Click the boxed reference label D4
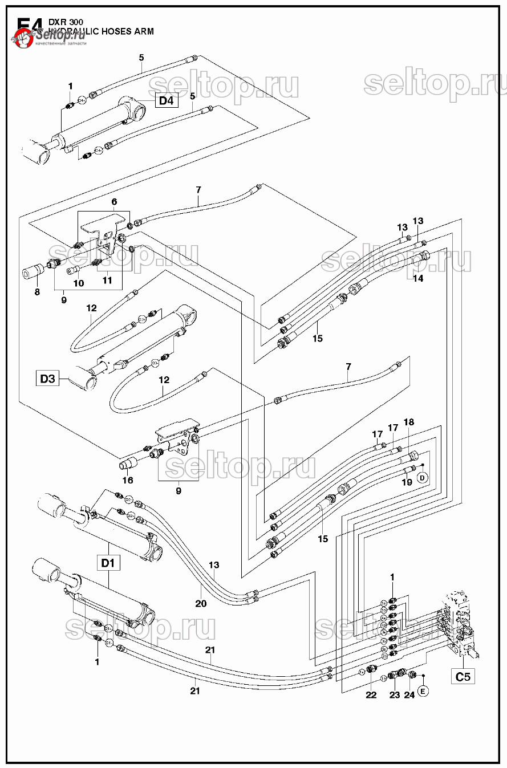[x=166, y=101]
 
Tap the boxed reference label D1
[x=108, y=563]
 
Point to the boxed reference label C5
[x=463, y=677]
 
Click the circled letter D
[x=423, y=478]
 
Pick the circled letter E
[x=423, y=691]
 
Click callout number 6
[x=114, y=202]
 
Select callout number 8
[x=37, y=292]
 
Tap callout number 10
[x=79, y=283]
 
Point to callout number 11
[x=107, y=281]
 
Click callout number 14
[x=418, y=279]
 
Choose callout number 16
[x=128, y=481]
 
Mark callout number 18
[x=409, y=422]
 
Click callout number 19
[x=407, y=482]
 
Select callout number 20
[x=201, y=604]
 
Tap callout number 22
[x=371, y=695]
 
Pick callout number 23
[x=395, y=695]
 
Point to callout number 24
[x=409, y=695]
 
